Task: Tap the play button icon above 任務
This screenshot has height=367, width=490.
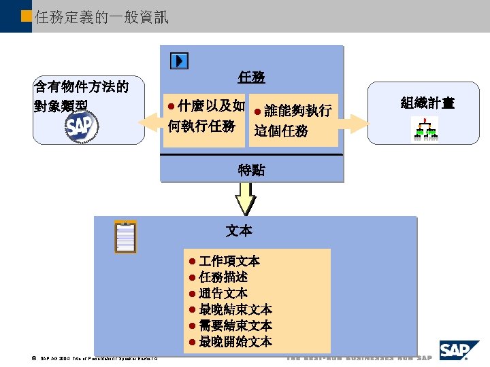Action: (179, 61)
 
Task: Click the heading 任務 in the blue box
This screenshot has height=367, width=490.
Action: (251, 77)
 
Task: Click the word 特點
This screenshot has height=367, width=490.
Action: (251, 171)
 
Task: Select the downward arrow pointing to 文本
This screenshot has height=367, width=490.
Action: (245, 199)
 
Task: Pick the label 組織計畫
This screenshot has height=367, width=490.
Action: (427, 103)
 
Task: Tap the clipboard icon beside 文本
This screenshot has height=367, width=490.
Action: (126, 237)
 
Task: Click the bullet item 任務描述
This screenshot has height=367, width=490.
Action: (223, 277)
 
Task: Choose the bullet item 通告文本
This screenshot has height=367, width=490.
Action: (223, 294)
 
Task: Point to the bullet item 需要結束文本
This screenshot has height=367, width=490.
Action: (235, 326)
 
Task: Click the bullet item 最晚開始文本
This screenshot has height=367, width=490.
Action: (235, 341)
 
